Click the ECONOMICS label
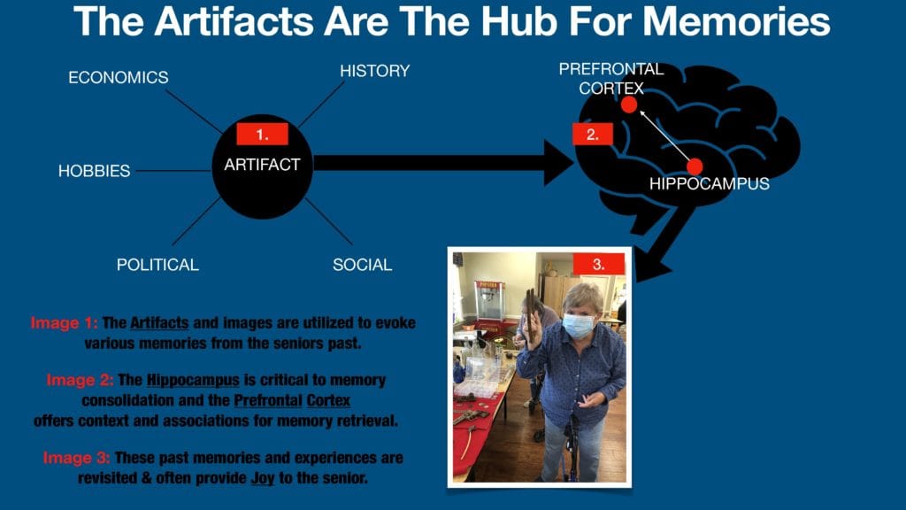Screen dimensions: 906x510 pyautogui.click(x=119, y=78)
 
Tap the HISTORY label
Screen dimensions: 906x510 pyautogui.click(x=375, y=71)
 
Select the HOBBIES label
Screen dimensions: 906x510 pyautogui.click(x=94, y=171)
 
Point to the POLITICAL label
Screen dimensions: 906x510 pyautogui.click(x=157, y=265)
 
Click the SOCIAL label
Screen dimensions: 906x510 pyautogui.click(x=362, y=265)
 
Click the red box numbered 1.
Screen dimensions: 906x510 pyautogui.click(x=262, y=135)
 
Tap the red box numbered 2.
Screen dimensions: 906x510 pyautogui.click(x=593, y=135)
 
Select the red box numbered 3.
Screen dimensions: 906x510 pyautogui.click(x=599, y=264)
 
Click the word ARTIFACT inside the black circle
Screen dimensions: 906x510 pyautogui.click(x=262, y=165)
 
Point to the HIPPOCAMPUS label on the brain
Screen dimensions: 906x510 pyautogui.click(x=710, y=184)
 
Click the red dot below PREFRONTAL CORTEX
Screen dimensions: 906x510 pyautogui.click(x=629, y=104)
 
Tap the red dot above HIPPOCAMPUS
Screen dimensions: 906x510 pyautogui.click(x=695, y=166)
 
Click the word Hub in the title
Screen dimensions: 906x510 pyautogui.click(x=519, y=21)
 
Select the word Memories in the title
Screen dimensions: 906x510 pyautogui.click(x=737, y=21)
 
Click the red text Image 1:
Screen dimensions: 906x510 pyautogui.click(x=64, y=322)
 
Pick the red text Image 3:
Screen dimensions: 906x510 pyautogui.click(x=76, y=458)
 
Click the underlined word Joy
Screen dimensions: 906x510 pyautogui.click(x=263, y=479)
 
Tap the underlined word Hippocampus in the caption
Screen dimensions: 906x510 pyautogui.click(x=193, y=381)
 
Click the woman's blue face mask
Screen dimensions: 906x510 pyautogui.click(x=578, y=325)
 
